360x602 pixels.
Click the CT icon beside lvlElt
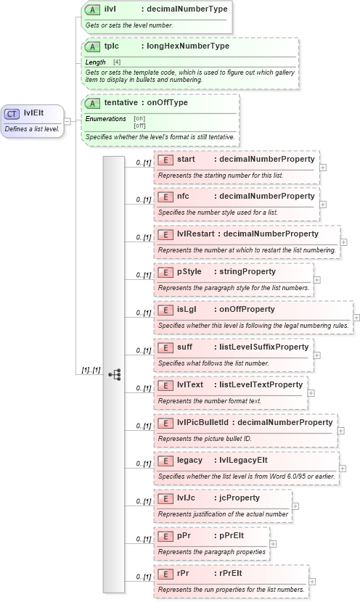coord(12,113)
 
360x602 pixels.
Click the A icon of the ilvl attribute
coord(92,9)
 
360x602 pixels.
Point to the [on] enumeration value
coord(139,118)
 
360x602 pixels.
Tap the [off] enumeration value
coord(139,125)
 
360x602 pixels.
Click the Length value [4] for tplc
coord(117,62)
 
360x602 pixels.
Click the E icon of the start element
coord(165,159)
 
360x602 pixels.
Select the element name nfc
coord(184,197)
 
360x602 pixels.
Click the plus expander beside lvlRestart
coord(343,242)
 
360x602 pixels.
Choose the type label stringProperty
coord(247,272)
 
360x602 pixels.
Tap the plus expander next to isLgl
coord(356,318)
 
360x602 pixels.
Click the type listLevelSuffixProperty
coord(263,347)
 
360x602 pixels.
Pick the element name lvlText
coord(190,384)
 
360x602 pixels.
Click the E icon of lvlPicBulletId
coord(165,422)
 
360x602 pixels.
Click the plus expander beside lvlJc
coord(295,506)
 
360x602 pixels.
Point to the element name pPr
coord(184,536)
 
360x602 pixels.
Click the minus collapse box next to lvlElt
coord(67,120)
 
